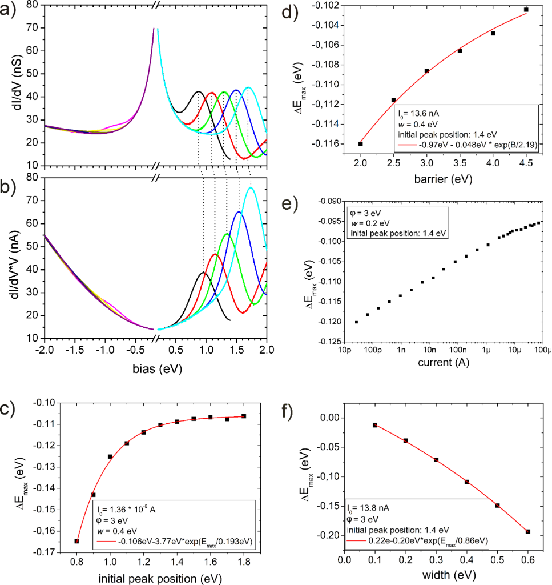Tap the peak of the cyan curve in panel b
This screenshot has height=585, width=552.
250,187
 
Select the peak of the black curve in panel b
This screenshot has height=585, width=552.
203,273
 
